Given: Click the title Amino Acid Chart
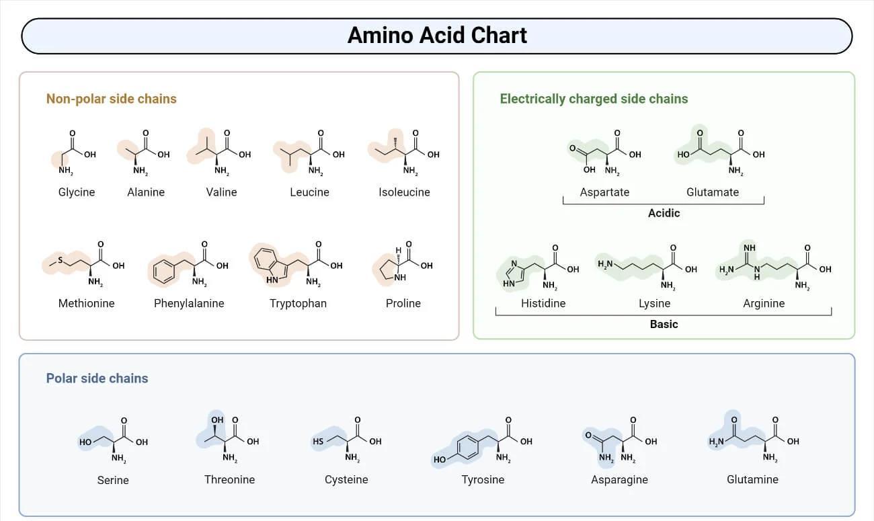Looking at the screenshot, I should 437,35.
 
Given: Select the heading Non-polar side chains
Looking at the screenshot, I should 111,99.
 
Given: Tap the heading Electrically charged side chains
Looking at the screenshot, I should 594,99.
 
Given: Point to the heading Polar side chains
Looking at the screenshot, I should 97,378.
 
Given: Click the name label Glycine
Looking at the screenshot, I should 77,192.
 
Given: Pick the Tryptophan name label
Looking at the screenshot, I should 298,303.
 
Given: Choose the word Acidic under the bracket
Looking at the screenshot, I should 664,213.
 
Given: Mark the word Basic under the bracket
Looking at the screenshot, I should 664,324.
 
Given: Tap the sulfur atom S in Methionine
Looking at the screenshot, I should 60,259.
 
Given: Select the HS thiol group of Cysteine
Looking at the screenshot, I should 318,442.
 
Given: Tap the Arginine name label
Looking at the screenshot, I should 764,303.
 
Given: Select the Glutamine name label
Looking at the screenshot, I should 752,479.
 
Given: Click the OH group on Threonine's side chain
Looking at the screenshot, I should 217,421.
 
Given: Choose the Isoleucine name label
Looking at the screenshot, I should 404,192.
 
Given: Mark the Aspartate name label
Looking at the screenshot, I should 604,192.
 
